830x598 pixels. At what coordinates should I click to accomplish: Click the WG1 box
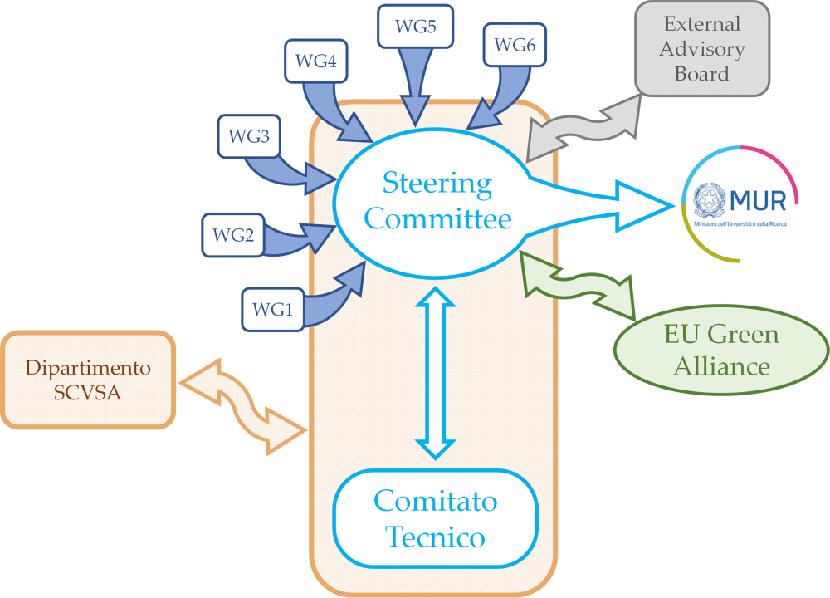click(x=272, y=310)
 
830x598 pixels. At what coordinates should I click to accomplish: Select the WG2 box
click(x=232, y=235)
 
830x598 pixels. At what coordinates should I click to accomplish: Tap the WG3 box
click(x=248, y=137)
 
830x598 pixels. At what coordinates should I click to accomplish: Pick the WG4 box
click(x=315, y=61)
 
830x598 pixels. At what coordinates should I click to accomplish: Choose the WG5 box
click(x=415, y=26)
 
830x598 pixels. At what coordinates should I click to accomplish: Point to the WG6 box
click(x=514, y=45)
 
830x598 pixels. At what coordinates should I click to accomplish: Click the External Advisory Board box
click(x=701, y=49)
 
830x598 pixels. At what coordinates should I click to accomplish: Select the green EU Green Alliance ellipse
click(x=720, y=350)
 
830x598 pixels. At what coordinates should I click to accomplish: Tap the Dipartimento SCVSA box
click(x=88, y=380)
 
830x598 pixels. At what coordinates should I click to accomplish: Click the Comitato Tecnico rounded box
click(x=435, y=519)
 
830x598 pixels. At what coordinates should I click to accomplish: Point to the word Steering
click(x=437, y=183)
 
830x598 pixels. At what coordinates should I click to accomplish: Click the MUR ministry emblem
click(x=711, y=201)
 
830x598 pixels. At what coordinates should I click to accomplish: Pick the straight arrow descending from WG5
click(x=415, y=83)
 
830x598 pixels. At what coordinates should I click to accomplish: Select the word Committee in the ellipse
click(x=437, y=218)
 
